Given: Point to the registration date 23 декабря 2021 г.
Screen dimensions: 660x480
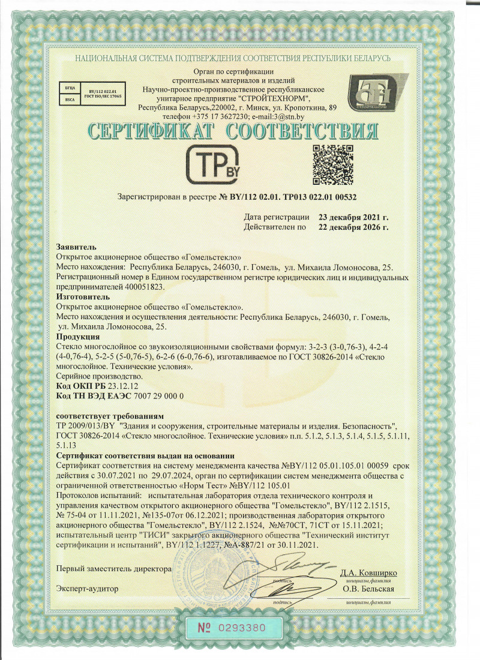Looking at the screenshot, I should pyautogui.click(x=353, y=217).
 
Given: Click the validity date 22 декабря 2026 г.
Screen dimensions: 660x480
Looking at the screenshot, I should pyautogui.click(x=353, y=227).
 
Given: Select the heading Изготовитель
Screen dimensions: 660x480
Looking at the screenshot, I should pyautogui.click(x=83, y=296).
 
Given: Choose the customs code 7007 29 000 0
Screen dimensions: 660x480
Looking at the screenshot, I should pyautogui.click(x=154, y=396).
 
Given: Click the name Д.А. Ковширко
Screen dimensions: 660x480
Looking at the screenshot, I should pyautogui.click(x=369, y=572).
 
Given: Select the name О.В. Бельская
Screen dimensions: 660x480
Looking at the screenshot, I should pyautogui.click(x=368, y=589).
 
